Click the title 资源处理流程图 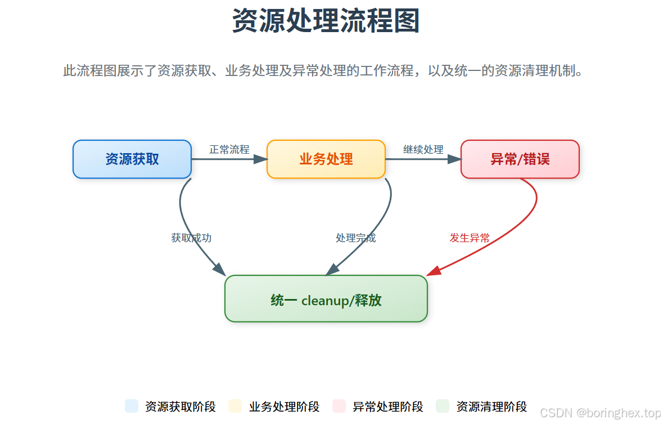326,21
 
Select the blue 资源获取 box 132,159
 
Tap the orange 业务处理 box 326,159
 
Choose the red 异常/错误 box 520,159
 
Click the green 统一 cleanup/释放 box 326,299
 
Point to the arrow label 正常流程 229,150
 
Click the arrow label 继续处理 423,150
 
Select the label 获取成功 191,238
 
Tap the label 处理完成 355,238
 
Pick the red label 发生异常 470,238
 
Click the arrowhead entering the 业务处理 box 260,159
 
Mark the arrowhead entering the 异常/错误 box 454,159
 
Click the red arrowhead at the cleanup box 433,271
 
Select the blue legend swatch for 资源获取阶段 132,406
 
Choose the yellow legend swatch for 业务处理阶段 235,406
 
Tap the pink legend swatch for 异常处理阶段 339,406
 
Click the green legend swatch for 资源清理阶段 443,406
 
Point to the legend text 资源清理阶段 491,407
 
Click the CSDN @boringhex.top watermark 600,413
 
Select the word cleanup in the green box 325,300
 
